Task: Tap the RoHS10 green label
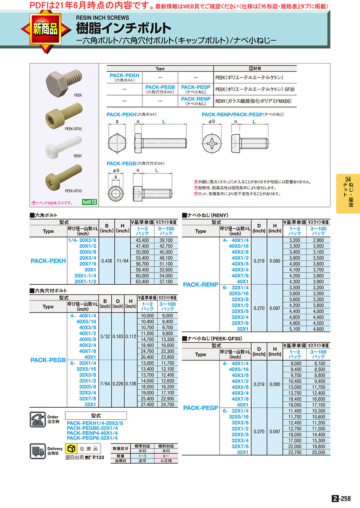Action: coord(90,202)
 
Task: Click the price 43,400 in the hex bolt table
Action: coord(142,240)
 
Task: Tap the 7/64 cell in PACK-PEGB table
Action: coord(105,384)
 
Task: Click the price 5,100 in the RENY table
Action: coord(294,329)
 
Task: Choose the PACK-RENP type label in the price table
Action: coord(200,285)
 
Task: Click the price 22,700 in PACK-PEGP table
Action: coord(294,452)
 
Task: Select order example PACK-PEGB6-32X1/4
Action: coord(92,428)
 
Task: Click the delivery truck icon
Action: coord(38,451)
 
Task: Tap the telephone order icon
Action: coord(38,420)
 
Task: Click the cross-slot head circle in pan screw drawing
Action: coord(211,143)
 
